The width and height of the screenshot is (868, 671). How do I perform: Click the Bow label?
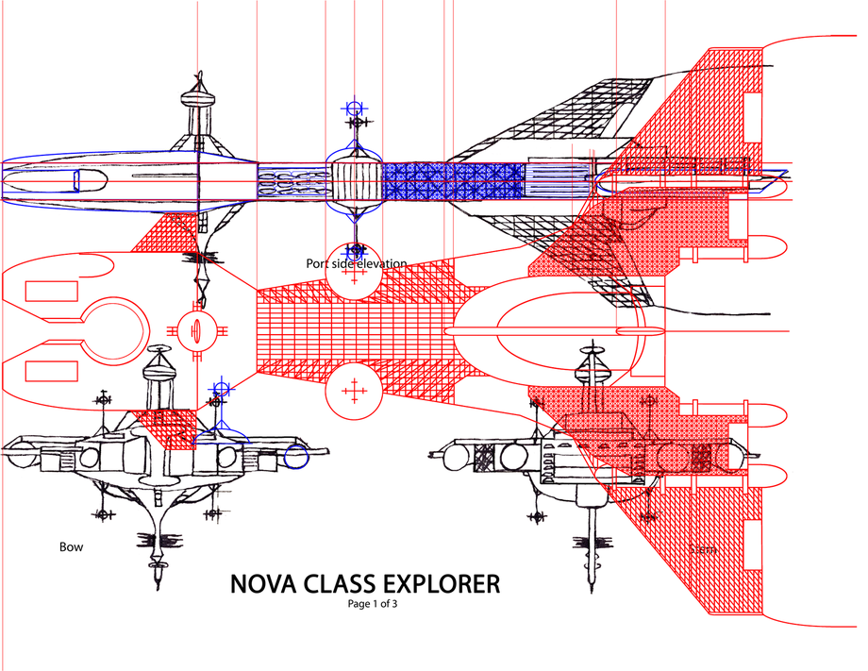71,546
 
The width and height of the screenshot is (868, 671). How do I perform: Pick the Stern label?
702,548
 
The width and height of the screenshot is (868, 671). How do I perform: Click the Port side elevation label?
356,263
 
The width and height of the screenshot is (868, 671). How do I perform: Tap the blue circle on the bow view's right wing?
296,458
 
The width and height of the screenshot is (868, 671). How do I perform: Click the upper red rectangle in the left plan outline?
46,291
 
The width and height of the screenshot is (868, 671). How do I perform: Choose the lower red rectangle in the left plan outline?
46,369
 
